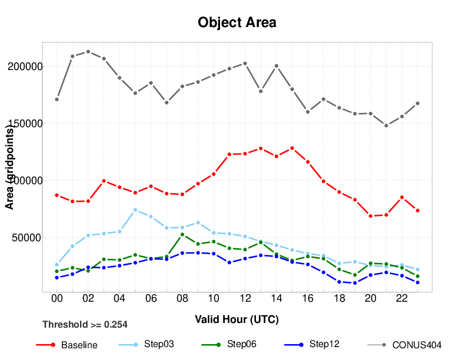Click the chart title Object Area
click(x=237, y=22)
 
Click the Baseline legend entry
click(x=79, y=345)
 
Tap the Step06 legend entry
click(x=241, y=344)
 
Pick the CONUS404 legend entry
click(x=417, y=345)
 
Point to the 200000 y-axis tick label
click(x=25, y=66)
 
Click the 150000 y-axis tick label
click(x=25, y=124)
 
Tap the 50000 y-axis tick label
click(x=28, y=238)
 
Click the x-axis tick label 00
click(x=56, y=299)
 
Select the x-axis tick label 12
click(x=245, y=299)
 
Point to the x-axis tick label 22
click(x=402, y=299)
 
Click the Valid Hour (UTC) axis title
click(x=237, y=320)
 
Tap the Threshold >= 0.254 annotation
click(x=85, y=324)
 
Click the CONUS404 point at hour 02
click(x=88, y=52)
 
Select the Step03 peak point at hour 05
click(x=135, y=209)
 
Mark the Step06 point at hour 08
click(x=182, y=234)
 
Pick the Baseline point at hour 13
click(x=261, y=148)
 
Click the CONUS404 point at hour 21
click(x=386, y=125)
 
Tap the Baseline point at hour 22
click(x=402, y=197)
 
